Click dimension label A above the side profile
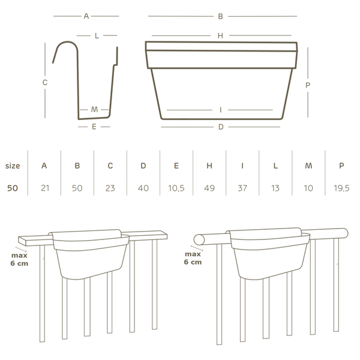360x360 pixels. (86, 16)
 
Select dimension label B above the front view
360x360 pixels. (221, 16)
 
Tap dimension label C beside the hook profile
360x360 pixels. (45, 83)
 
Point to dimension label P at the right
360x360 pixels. (308, 85)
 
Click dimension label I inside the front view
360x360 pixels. (221, 110)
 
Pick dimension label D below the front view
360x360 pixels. (221, 127)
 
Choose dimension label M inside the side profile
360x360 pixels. (95, 110)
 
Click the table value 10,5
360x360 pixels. (176, 188)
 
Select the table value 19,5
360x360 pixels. (341, 188)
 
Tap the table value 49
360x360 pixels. (209, 188)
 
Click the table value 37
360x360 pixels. (242, 188)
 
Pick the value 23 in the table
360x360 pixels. (110, 188)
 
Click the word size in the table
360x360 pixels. (13, 166)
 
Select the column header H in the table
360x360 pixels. (209, 166)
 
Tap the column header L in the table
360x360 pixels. (275, 166)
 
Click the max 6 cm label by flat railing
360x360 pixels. (20, 259)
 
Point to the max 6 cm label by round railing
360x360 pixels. (193, 258)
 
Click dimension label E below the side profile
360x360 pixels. (94, 127)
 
